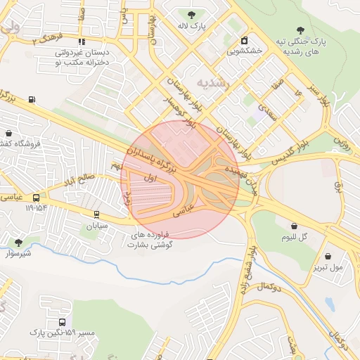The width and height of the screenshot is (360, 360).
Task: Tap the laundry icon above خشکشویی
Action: pyautogui.click(x=244, y=40)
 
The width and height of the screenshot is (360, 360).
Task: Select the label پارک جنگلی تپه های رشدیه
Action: pyautogui.click(x=301, y=46)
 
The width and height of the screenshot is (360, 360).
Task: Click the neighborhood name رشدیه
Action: pyautogui.click(x=212, y=83)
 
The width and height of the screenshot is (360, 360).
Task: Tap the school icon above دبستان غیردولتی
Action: pyautogui.click(x=82, y=42)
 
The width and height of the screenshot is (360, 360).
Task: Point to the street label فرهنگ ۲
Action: pyautogui.click(x=47, y=39)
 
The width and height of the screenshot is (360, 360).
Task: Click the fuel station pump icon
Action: pyautogui.click(x=32, y=99)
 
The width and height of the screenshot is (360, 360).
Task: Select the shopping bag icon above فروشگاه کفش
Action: pyautogui.click(x=8, y=132)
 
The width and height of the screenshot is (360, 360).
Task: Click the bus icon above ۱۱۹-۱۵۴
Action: pyautogui.click(x=36, y=198)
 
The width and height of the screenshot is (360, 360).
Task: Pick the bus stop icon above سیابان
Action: pyautogui.click(x=96, y=215)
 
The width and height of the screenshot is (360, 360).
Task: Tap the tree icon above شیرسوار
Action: pyautogui.click(x=18, y=242)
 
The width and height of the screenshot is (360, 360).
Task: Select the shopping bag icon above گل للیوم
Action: pyautogui.click(x=294, y=226)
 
